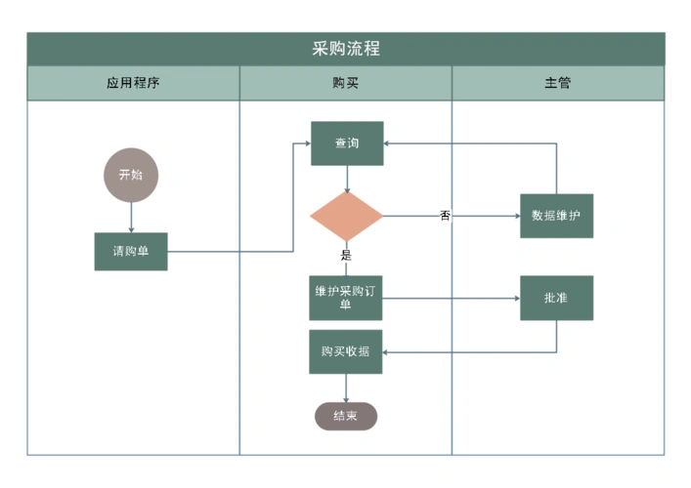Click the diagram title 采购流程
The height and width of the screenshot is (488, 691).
(x=345, y=49)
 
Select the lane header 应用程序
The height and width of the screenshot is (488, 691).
(x=133, y=83)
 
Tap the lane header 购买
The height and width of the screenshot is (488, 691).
(x=345, y=83)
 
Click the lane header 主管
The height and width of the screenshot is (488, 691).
(x=557, y=83)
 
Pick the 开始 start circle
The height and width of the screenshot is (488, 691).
(x=130, y=175)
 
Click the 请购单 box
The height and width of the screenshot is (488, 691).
(x=130, y=251)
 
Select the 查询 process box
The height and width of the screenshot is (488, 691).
(x=347, y=143)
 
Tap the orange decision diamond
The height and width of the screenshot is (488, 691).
(x=346, y=216)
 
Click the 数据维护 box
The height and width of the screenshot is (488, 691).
(x=556, y=216)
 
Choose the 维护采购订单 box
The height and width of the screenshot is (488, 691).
(x=346, y=298)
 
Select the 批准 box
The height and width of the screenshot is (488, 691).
(x=556, y=298)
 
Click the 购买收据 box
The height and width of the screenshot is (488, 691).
(x=346, y=351)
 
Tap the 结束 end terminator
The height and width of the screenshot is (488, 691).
(x=345, y=416)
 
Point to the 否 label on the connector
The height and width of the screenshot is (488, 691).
(x=445, y=216)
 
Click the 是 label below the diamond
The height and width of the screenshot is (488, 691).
(x=346, y=256)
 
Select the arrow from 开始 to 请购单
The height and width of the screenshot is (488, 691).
(x=130, y=217)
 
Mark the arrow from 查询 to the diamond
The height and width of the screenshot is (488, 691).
(x=346, y=179)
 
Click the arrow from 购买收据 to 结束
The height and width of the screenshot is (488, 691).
(x=346, y=387)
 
